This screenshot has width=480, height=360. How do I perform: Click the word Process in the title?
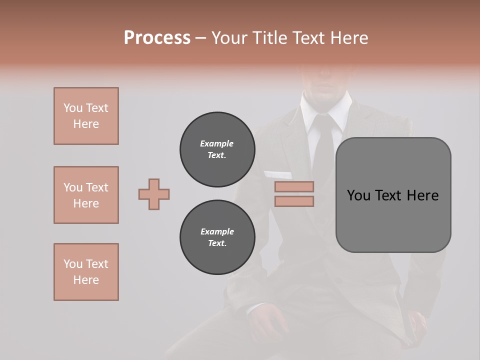pos(157,38)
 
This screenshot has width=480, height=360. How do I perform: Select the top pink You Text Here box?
pos(86,116)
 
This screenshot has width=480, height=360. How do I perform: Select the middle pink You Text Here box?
pos(86,195)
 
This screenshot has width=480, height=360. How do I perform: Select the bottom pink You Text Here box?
pos(86,272)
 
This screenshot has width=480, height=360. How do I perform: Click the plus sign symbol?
pos(154,194)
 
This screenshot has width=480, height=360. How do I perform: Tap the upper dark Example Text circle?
pos(217,149)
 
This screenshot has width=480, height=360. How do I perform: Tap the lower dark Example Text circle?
pos(217,237)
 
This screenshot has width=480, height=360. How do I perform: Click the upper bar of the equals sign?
pos(294,186)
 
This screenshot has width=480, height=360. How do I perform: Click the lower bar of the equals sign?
pos(294,201)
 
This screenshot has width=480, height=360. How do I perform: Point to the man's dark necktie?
pos(323,150)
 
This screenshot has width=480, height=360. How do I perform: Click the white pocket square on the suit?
pos(278,174)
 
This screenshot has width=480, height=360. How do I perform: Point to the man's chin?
pos(328,92)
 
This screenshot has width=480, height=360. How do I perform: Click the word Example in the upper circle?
pos(217,143)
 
